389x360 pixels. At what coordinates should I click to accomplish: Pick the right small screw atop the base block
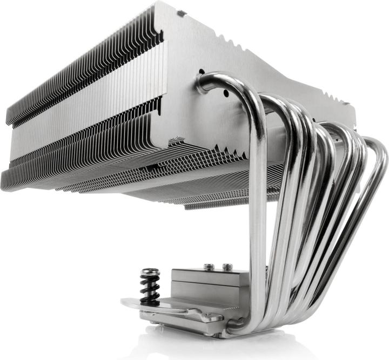coord(227,266)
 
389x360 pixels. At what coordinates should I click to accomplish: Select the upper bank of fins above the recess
coord(81,70)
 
